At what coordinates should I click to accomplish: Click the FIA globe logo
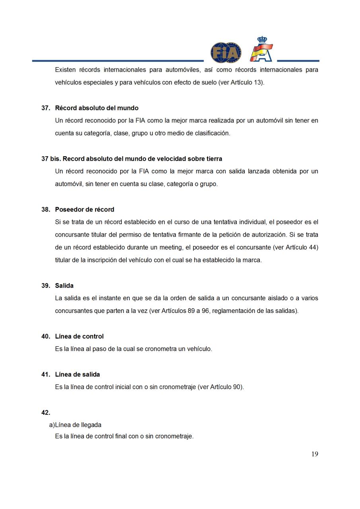coord(226,52)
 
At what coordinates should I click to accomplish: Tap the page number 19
coord(315,454)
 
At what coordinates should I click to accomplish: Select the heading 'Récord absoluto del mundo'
coord(97,108)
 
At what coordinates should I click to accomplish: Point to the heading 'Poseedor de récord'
coord(84,210)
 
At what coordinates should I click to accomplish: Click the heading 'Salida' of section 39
coord(64,286)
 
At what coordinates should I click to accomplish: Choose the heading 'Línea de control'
coord(79,336)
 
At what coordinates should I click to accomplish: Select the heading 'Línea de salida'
coord(77,375)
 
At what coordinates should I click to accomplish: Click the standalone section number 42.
coord(46,412)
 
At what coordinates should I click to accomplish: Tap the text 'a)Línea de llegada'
coord(75,425)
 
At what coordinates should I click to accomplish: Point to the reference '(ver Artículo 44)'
coord(295,247)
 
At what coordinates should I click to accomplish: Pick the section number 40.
coord(45,336)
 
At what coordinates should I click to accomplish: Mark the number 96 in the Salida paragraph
coord(205,311)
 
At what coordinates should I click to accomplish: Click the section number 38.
coord(45,210)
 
